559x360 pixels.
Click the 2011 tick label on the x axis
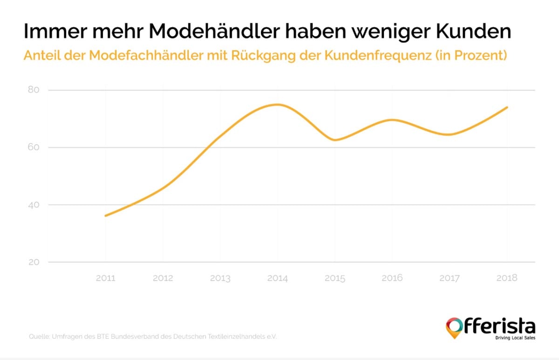pyautogui.click(x=105, y=278)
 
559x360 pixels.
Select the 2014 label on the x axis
pyautogui.click(x=278, y=278)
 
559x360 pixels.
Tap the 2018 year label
pyautogui.click(x=507, y=278)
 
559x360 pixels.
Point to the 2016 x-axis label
pyautogui.click(x=392, y=278)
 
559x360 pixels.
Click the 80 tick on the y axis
pyautogui.click(x=34, y=90)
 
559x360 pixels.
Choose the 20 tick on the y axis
pyautogui.click(x=34, y=262)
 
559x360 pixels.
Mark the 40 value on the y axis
pyautogui.click(x=34, y=205)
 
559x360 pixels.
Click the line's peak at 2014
pyautogui.click(x=278, y=104)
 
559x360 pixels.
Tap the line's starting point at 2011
pyautogui.click(x=106, y=216)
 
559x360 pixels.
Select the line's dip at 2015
pyautogui.click(x=335, y=140)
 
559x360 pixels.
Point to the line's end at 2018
pyautogui.click(x=507, y=108)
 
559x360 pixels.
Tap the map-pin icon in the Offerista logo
pyautogui.click(x=453, y=327)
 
